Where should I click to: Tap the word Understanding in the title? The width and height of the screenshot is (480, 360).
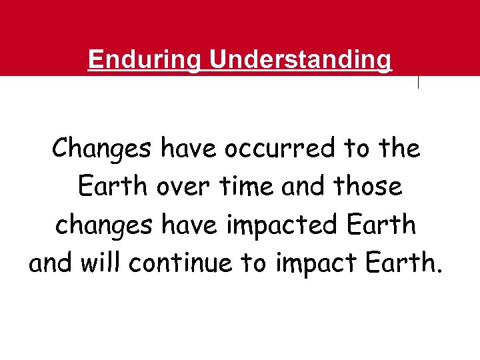click(x=301, y=60)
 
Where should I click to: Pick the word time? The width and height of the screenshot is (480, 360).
click(x=246, y=187)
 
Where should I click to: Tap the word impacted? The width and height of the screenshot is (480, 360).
click(x=285, y=226)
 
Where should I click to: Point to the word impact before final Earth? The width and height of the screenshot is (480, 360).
click(x=320, y=264)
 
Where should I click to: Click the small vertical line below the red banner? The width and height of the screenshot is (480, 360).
click(x=418, y=83)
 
